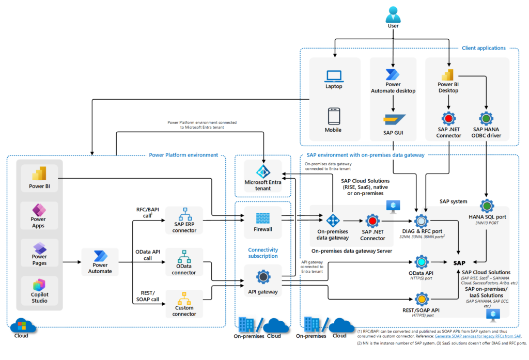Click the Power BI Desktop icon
point(446,74)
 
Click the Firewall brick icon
point(263,216)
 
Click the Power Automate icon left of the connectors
point(100,257)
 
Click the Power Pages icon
point(39,247)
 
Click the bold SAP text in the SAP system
point(459,262)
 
